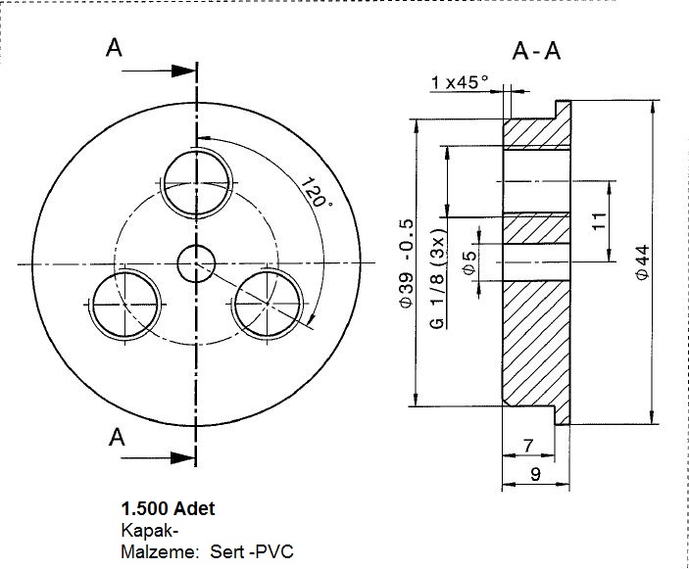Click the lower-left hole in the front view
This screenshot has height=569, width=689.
pos(125,305)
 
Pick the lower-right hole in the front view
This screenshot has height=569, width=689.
pos(267,305)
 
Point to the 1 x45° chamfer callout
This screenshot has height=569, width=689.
pos(460,83)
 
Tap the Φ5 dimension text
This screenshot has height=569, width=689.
pos(469,262)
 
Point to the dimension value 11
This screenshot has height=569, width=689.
pos(599,221)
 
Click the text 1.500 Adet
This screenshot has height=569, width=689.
pos(168,509)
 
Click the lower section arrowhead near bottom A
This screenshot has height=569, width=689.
pos(180,457)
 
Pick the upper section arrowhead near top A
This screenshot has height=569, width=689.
pos(180,71)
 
